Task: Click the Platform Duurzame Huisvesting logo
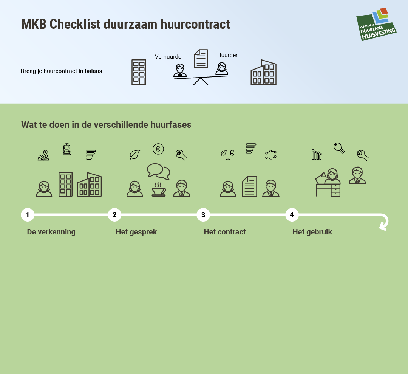(x=376, y=25)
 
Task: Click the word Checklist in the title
(x=75, y=24)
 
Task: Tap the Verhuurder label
(x=169, y=57)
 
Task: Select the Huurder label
(x=227, y=55)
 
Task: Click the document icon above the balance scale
(x=201, y=59)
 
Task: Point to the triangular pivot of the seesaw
(x=201, y=82)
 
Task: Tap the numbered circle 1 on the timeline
(x=28, y=215)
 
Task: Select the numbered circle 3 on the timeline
(x=203, y=215)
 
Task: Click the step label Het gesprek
(x=136, y=232)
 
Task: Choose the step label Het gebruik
(x=312, y=232)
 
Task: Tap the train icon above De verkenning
(x=66, y=149)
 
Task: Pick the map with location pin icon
(x=43, y=155)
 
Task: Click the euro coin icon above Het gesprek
(x=158, y=149)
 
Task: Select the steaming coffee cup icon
(x=159, y=189)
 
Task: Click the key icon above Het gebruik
(x=339, y=149)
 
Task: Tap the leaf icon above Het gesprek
(x=135, y=155)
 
